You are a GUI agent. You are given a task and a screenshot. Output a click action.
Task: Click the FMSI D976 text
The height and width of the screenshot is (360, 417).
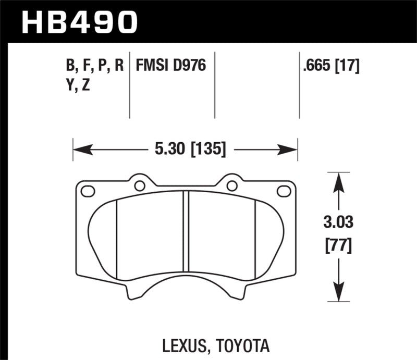tap(171, 66)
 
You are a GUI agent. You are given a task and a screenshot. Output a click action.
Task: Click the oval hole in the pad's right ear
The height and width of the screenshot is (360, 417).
tap(284, 191)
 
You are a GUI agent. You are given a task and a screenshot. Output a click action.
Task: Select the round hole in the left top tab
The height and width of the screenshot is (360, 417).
tap(139, 185)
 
